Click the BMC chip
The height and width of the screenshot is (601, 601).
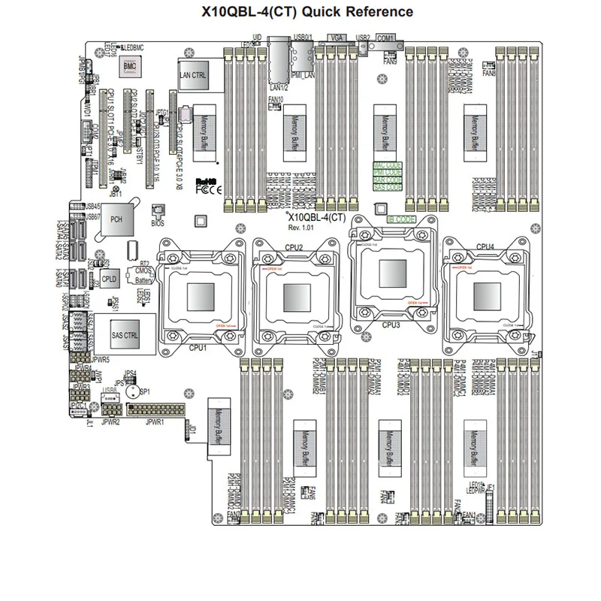[x=128, y=68]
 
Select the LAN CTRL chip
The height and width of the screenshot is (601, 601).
[x=194, y=75]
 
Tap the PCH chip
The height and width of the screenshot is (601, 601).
[x=116, y=219]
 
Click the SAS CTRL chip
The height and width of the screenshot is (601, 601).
[x=124, y=334]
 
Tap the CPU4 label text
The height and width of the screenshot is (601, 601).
[x=485, y=246]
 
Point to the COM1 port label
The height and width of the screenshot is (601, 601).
[x=385, y=36]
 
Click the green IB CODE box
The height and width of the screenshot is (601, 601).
[x=401, y=219]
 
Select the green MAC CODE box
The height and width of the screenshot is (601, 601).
[x=388, y=165]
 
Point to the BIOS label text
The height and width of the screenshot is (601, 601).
[x=158, y=222]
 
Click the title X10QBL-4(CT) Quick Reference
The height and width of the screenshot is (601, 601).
[x=308, y=11]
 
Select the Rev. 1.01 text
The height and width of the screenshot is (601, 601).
[x=304, y=227]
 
